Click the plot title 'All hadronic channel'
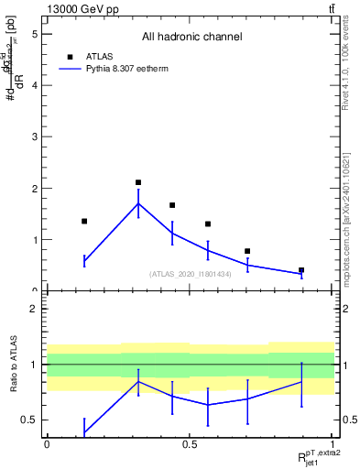click(x=191, y=37)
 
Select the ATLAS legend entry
click(x=97, y=55)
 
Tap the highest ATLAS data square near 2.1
click(x=138, y=182)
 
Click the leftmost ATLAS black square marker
click(x=84, y=221)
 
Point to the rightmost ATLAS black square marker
click(x=301, y=270)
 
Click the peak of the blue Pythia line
click(x=138, y=203)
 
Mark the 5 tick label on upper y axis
click(x=34, y=34)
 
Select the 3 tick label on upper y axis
click(x=34, y=137)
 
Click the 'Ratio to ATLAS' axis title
click(x=13, y=364)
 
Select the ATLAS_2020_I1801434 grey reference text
click(x=191, y=274)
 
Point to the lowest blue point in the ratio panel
click(x=84, y=431)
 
